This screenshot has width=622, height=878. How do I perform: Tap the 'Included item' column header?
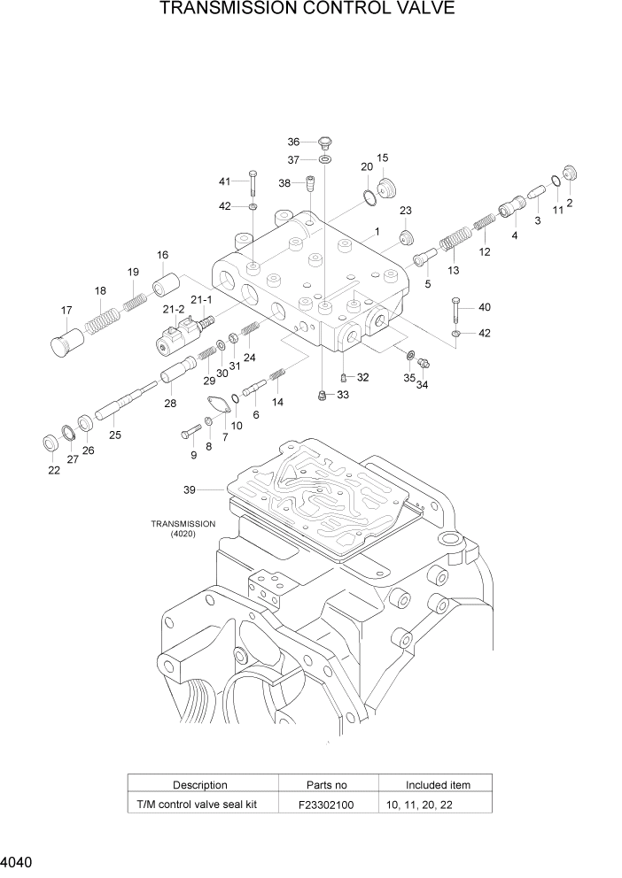tap(438, 784)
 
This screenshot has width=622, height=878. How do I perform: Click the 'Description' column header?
tap(199, 784)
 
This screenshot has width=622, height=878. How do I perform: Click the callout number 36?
tap(294, 142)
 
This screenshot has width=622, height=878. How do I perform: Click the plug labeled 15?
tap(386, 189)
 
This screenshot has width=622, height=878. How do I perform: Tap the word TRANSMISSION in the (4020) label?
tap(183, 524)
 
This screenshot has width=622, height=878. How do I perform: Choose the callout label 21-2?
tap(173, 310)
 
